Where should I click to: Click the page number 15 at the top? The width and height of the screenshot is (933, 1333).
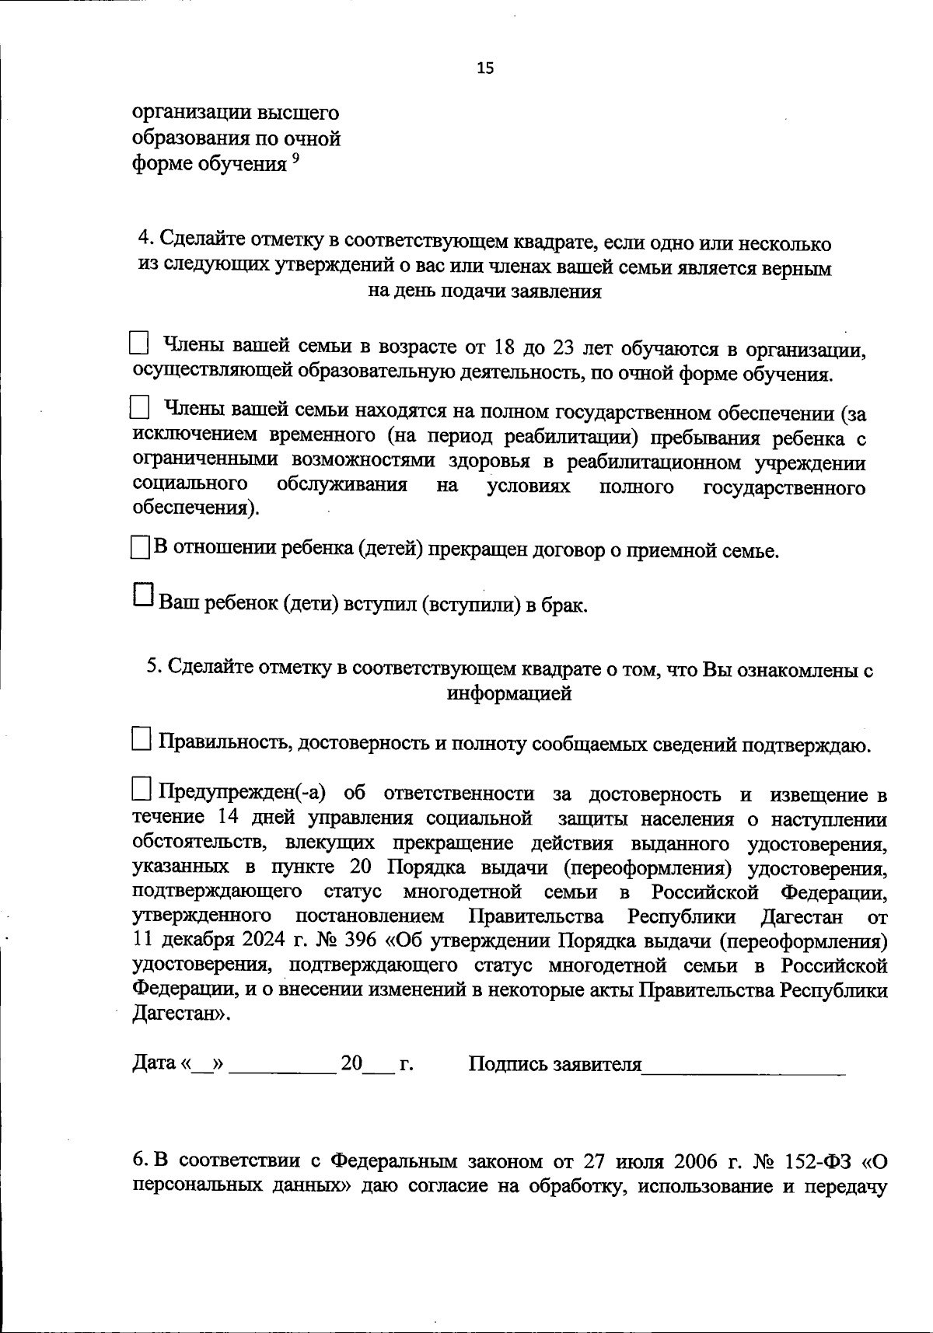(x=484, y=68)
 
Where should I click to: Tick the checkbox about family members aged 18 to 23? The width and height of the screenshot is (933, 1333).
(x=138, y=342)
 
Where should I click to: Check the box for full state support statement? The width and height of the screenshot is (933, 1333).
(x=138, y=406)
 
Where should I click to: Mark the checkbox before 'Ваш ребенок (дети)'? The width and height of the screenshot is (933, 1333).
(x=144, y=595)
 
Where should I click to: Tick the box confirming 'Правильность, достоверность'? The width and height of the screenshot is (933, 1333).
(x=142, y=738)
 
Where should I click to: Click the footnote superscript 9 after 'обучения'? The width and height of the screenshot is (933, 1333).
(x=295, y=158)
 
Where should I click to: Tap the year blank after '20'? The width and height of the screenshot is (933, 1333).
(x=379, y=1066)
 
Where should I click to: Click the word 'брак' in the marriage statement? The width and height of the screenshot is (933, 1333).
(x=563, y=605)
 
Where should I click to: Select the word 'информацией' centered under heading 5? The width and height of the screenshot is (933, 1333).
(x=509, y=693)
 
